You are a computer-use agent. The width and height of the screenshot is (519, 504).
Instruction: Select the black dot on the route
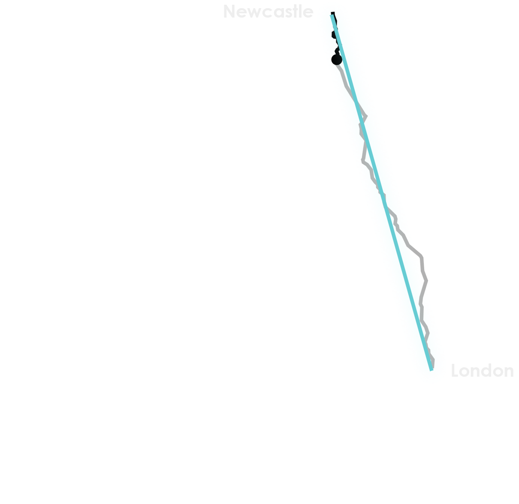pos(337,60)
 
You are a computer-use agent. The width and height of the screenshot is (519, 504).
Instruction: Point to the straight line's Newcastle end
pos(332,13)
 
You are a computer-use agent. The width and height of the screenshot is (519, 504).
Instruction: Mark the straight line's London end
pos(431,369)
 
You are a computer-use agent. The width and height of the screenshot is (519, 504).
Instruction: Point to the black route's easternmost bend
pos(427,281)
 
